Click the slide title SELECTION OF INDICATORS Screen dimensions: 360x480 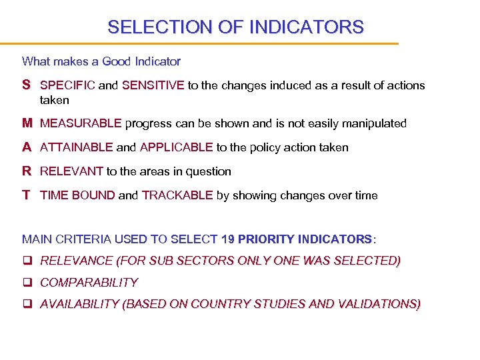(235, 27)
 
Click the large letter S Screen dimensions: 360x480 (26, 85)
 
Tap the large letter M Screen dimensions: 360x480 (27, 123)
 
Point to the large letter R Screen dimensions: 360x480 (26, 171)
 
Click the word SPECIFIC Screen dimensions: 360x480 (67, 85)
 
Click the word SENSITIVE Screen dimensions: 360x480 (153, 85)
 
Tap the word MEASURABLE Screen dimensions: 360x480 (81, 123)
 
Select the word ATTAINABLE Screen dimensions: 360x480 (76, 147)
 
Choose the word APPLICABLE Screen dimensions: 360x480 (176, 147)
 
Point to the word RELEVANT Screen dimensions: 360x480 (71, 171)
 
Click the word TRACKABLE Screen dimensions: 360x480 (177, 195)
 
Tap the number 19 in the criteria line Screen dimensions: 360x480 (228, 239)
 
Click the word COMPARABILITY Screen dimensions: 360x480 (89, 283)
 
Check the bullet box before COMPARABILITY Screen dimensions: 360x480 (27, 283)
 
